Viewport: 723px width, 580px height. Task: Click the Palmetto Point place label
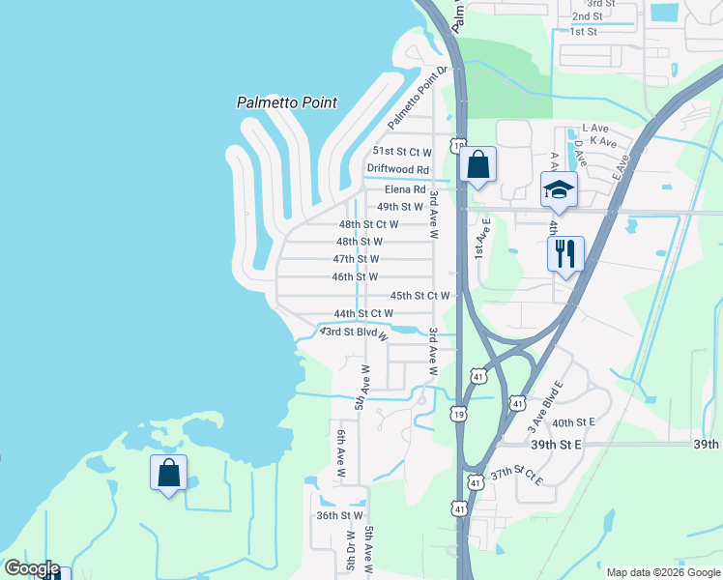coord(286,102)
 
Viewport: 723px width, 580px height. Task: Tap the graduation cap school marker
coord(559,190)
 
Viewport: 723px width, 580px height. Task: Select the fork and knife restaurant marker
coord(565,254)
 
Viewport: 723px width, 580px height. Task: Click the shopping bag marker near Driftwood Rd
coord(477,165)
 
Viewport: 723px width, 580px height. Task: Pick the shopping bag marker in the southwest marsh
coord(168,474)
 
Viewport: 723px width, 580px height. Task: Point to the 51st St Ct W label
coord(402,152)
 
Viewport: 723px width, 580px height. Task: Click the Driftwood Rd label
coord(397,168)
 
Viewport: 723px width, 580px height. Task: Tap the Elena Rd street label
coord(405,189)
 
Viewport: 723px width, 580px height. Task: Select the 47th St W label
coord(356,259)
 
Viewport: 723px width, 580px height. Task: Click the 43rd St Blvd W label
coord(354,333)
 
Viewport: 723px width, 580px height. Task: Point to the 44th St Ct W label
coord(362,314)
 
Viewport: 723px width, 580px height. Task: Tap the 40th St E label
coord(573,422)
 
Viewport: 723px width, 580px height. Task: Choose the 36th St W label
coord(339,516)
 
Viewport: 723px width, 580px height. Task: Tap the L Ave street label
coord(595,128)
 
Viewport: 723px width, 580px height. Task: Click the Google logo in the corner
coord(31,568)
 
